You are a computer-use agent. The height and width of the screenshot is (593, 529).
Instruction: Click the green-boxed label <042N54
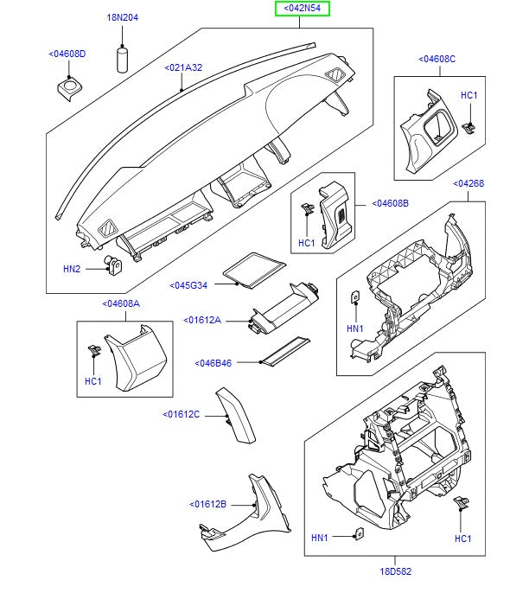click(303, 10)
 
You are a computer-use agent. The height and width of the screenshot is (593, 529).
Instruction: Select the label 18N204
click(122, 17)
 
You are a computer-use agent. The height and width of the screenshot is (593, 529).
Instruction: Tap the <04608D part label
click(67, 54)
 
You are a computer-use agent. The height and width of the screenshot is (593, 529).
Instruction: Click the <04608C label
click(437, 59)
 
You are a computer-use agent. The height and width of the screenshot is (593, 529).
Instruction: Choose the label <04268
click(469, 183)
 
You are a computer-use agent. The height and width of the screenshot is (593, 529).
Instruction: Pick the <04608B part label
click(390, 204)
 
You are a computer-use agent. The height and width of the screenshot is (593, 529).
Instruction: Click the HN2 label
click(72, 269)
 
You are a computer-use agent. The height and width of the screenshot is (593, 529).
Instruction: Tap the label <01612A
click(203, 321)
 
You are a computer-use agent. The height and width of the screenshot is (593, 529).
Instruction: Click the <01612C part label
click(181, 414)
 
